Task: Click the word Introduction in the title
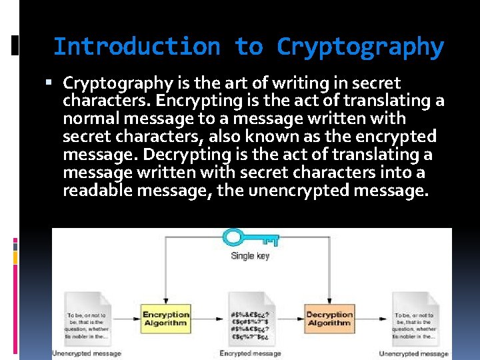[x=136, y=47]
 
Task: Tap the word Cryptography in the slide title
[x=360, y=47]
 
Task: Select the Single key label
[x=250, y=255]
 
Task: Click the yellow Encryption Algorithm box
[x=166, y=319]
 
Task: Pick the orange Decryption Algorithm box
[x=329, y=319]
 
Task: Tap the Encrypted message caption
[x=250, y=353]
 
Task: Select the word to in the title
[x=249, y=47]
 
